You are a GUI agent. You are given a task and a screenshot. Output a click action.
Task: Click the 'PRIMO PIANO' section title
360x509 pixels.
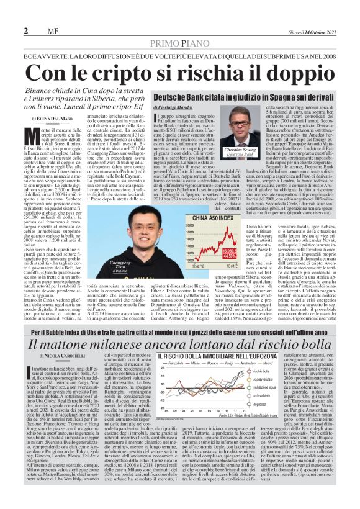pos(180,42)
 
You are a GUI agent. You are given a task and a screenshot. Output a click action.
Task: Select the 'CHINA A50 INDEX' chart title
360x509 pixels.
pos(214,218)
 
